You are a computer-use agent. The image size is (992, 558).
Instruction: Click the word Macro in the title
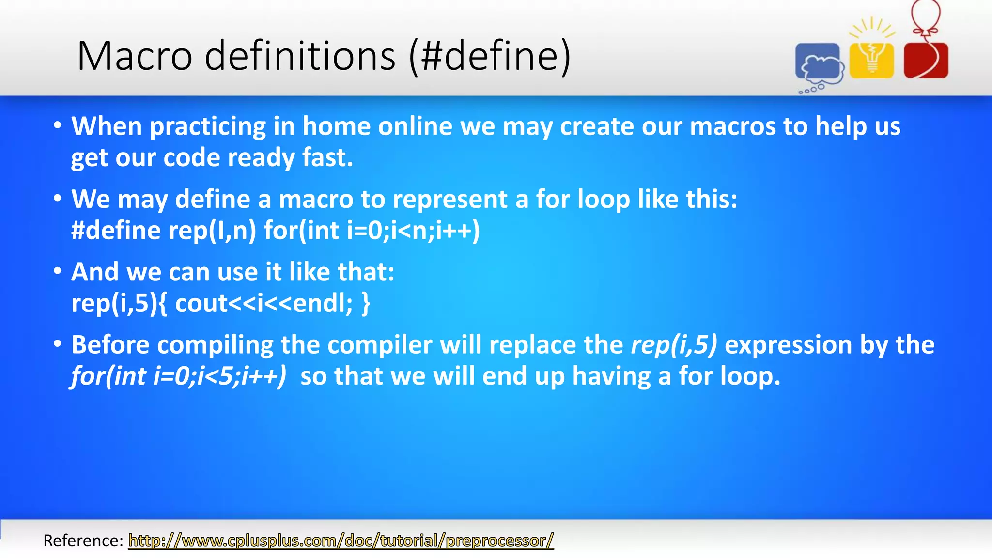click(x=135, y=56)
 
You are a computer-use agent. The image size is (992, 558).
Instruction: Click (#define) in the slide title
click(x=490, y=56)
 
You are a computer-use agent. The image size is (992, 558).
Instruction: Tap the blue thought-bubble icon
click(x=819, y=63)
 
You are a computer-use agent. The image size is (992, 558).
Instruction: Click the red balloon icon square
click(x=926, y=60)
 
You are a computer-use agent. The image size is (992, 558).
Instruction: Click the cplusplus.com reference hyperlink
click(x=341, y=541)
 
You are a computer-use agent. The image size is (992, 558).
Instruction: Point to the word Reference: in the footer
click(x=83, y=541)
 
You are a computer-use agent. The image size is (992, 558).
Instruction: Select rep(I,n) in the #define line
click(x=212, y=231)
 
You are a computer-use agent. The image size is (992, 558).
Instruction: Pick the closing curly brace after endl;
click(x=366, y=304)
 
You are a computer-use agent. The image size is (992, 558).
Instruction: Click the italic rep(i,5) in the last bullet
click(x=673, y=345)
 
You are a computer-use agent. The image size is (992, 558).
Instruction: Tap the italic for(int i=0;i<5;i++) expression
click(x=179, y=376)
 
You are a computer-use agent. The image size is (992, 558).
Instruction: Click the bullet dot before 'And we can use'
click(x=58, y=271)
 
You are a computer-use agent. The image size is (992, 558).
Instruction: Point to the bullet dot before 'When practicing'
click(x=58, y=126)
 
